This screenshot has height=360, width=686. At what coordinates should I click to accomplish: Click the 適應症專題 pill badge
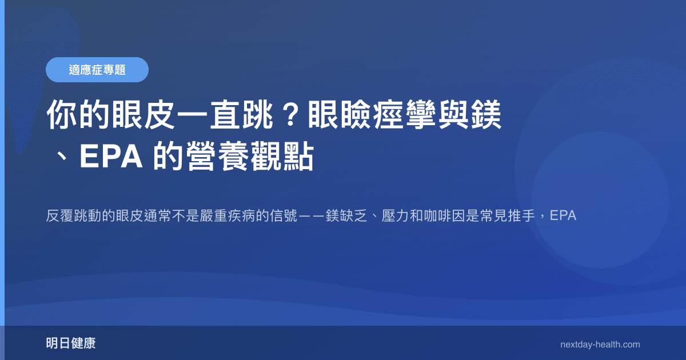pos(97,70)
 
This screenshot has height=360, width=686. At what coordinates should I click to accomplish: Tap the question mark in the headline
pos(291,116)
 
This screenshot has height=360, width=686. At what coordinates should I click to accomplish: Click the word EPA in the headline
pos(111,158)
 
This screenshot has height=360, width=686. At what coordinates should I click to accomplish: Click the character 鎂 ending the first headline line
pos(486,116)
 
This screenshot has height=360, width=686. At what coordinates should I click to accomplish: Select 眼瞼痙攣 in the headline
pos(372,116)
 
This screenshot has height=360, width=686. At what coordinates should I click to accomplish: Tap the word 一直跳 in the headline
pos(226,116)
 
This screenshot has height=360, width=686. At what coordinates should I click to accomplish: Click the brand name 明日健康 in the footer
pos(71,344)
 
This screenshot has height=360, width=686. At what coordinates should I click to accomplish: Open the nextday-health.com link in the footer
pos(600,345)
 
